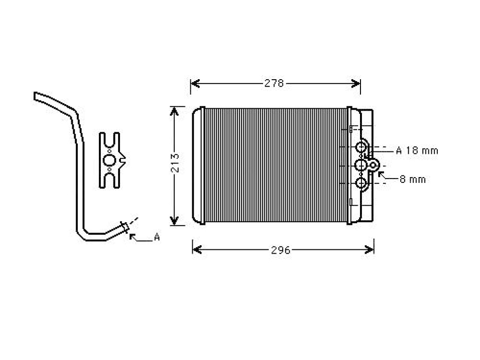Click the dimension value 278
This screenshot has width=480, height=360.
tap(274, 83)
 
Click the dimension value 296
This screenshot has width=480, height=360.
tap(280, 250)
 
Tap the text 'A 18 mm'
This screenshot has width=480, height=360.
tap(417, 150)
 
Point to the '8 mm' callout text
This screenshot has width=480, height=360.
tap(412, 179)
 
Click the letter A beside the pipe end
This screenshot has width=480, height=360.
tap(157, 237)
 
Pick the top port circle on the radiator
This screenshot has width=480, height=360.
tap(361, 148)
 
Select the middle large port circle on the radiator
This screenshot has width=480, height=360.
tap(361, 165)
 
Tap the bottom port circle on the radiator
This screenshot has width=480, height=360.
tap(361, 183)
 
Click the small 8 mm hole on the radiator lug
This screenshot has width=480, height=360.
tap(373, 165)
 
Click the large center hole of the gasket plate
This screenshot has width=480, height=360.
tap(109, 160)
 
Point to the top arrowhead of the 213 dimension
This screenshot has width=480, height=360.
tap(174, 111)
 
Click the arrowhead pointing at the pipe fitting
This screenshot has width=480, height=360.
tap(132, 236)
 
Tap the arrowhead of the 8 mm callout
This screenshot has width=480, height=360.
tap(381, 174)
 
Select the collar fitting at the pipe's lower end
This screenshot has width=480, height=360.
tap(125, 226)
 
